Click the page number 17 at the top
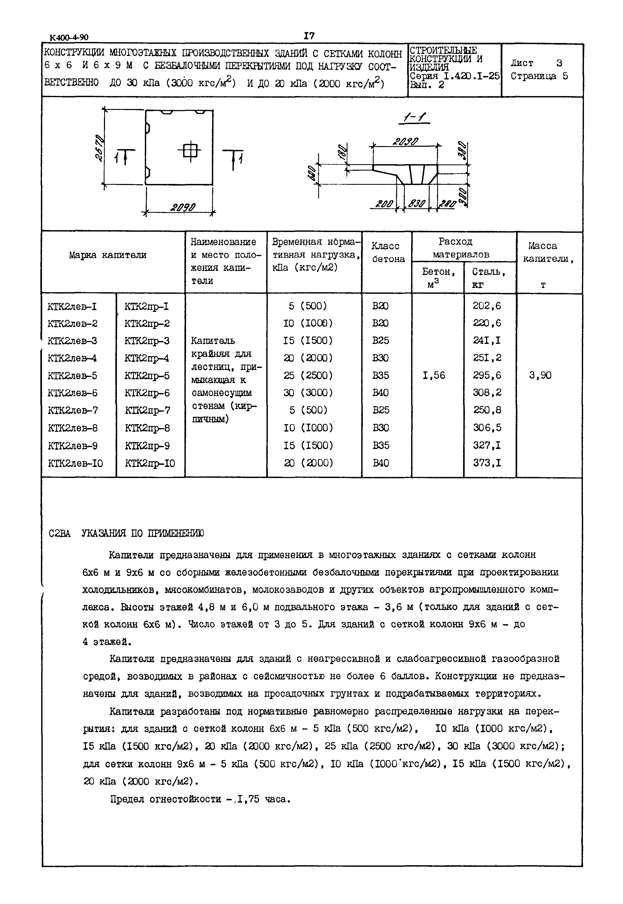coord(309,36)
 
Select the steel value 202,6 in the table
coord(487,306)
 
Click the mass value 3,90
coord(540,376)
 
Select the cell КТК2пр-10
coord(150,463)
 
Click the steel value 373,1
coord(487,463)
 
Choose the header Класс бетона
coord(388,253)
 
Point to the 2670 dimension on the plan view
coord(99,147)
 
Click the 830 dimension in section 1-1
coord(416,203)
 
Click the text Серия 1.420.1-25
coord(454,76)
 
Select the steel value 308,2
coord(487,393)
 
